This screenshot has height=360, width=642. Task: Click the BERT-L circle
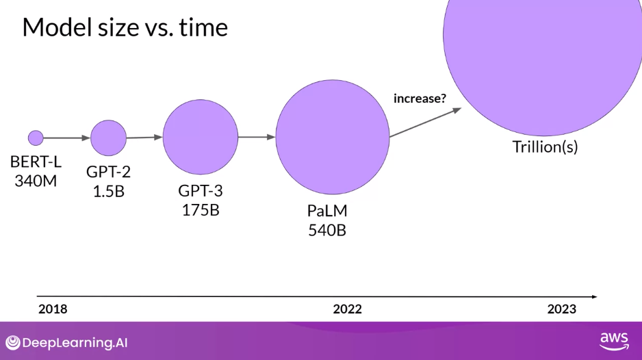[x=36, y=138]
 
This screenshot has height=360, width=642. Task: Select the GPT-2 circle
[x=109, y=138]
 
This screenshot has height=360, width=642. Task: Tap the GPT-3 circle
[x=201, y=137]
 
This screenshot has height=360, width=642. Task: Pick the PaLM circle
[x=333, y=137]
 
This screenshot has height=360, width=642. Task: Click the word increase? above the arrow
[x=420, y=99]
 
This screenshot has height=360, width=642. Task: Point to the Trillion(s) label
[x=545, y=146]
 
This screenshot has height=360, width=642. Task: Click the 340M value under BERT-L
[x=36, y=181]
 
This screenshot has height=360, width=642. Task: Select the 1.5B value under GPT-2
[x=109, y=191]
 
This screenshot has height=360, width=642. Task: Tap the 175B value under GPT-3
[x=201, y=210]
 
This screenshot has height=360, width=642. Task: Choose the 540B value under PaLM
[x=327, y=230]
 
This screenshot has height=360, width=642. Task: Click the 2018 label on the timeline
[x=53, y=309]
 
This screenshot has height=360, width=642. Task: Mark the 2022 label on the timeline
[x=347, y=309]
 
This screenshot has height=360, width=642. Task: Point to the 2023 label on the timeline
[x=562, y=309]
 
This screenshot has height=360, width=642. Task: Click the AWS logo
[x=614, y=342]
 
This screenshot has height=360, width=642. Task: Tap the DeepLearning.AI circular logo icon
[x=13, y=343]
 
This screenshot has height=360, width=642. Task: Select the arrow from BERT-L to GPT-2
[x=67, y=138]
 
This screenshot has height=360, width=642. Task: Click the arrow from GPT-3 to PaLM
[x=257, y=137]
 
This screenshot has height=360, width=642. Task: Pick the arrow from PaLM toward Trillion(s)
[x=426, y=122]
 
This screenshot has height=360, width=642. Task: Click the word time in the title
[x=203, y=27]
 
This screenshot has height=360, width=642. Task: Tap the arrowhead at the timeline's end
[x=595, y=296]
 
